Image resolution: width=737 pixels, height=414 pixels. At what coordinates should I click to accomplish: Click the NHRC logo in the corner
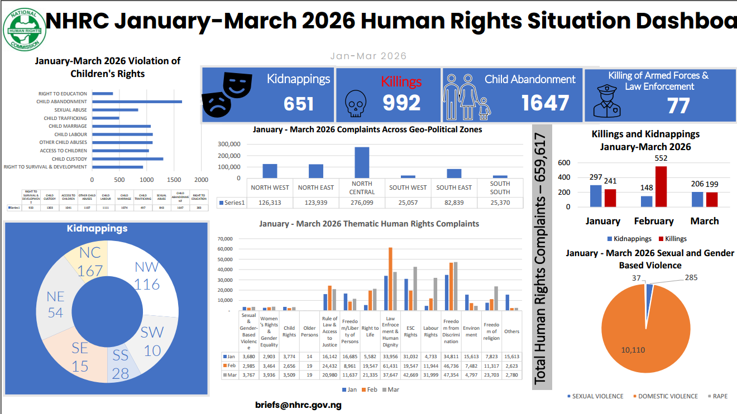pyautogui.click(x=25, y=29)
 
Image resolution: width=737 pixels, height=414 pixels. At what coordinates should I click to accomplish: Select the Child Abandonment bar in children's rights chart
pyautogui.click(x=137, y=102)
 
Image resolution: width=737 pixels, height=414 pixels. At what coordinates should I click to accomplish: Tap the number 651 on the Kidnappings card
pyautogui.click(x=299, y=104)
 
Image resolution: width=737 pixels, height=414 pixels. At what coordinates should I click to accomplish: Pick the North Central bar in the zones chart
pyautogui.click(x=362, y=162)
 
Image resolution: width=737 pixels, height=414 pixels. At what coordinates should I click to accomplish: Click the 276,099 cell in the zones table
pyautogui.click(x=362, y=203)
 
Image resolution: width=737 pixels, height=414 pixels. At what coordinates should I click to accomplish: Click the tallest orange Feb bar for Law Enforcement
pyautogui.click(x=390, y=279)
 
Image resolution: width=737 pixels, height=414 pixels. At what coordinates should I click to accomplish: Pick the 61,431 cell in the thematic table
pyautogui.click(x=390, y=365)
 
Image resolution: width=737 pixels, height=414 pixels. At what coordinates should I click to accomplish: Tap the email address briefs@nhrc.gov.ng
pyautogui.click(x=298, y=405)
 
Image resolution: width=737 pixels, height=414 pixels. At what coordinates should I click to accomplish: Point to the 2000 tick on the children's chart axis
pyautogui.click(x=201, y=180)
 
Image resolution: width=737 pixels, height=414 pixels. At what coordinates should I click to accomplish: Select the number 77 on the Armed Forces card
pyautogui.click(x=678, y=105)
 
